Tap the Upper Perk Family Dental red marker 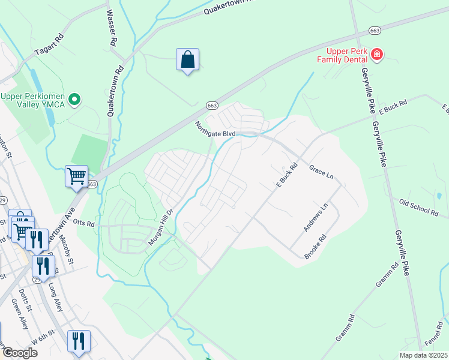[377, 55]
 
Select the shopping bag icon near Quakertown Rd [188, 60]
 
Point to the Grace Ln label [321, 172]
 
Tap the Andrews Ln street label [316, 217]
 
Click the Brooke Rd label [315, 247]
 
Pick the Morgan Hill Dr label [160, 227]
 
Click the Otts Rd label [84, 223]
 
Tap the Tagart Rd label [55, 46]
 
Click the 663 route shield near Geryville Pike [375, 30]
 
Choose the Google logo [20, 353]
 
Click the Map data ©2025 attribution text [423, 355]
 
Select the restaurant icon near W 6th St [79, 341]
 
